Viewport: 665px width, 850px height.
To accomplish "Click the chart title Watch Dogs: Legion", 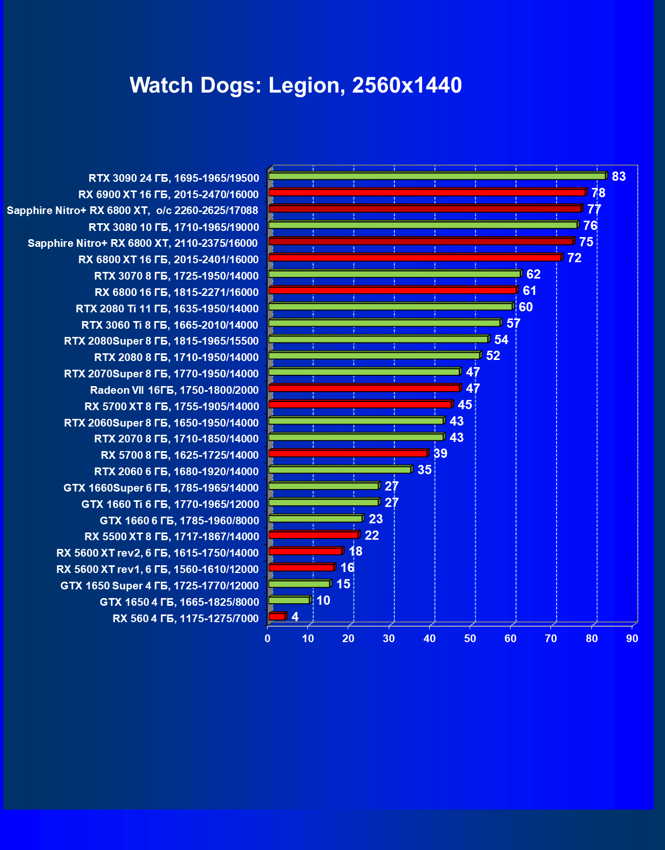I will pos(296,85).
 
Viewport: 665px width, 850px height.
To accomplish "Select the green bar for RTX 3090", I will pos(437,176).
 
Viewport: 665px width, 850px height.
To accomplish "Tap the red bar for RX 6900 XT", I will pos(427,193).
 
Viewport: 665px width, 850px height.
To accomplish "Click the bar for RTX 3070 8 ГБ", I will pos(394,274).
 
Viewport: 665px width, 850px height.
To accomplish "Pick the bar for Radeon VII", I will pos(364,388).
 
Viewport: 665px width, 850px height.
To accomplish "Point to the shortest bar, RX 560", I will pos(277,617).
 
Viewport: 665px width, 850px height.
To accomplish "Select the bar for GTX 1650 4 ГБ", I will pos(289,600).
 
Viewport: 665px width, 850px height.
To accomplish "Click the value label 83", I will pos(618,177).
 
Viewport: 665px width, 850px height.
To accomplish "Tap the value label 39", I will pos(440,454).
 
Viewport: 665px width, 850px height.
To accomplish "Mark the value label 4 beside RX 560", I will pos(295,617).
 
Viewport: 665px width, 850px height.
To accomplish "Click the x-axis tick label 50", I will pos(470,639).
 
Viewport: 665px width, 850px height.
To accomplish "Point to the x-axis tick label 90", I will pos(632,639).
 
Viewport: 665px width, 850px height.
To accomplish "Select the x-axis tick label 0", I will pos(268,639).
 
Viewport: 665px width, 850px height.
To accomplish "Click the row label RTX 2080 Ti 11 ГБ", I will pos(167,309).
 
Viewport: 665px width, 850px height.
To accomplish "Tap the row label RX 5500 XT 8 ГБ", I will pos(172,537).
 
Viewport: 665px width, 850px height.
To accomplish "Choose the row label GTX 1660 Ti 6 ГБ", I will pos(170,504).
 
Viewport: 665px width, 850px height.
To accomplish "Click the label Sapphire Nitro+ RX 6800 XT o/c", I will pos(132,210).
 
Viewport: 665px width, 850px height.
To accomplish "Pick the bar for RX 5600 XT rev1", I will pos(301,567).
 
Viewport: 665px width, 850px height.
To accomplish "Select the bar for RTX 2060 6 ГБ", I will pos(340,470).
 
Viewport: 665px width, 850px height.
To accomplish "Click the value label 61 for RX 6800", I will pos(529,291).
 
